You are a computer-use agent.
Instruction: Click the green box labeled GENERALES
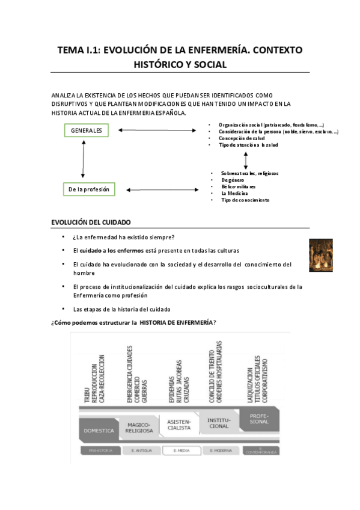[x=86, y=131]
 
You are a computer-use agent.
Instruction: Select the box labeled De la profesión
[x=88, y=189]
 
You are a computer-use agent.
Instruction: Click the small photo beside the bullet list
[x=320, y=255]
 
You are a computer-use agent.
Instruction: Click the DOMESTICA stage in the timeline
[x=99, y=431]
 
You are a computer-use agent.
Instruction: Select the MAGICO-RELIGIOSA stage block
[x=139, y=428]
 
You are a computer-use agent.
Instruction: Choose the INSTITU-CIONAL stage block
[x=219, y=423]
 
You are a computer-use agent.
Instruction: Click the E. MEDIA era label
[x=180, y=450]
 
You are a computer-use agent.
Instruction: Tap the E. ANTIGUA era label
[x=140, y=450]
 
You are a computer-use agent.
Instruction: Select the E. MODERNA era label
[x=220, y=450]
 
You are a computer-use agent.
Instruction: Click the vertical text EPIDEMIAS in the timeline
[x=171, y=373]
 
